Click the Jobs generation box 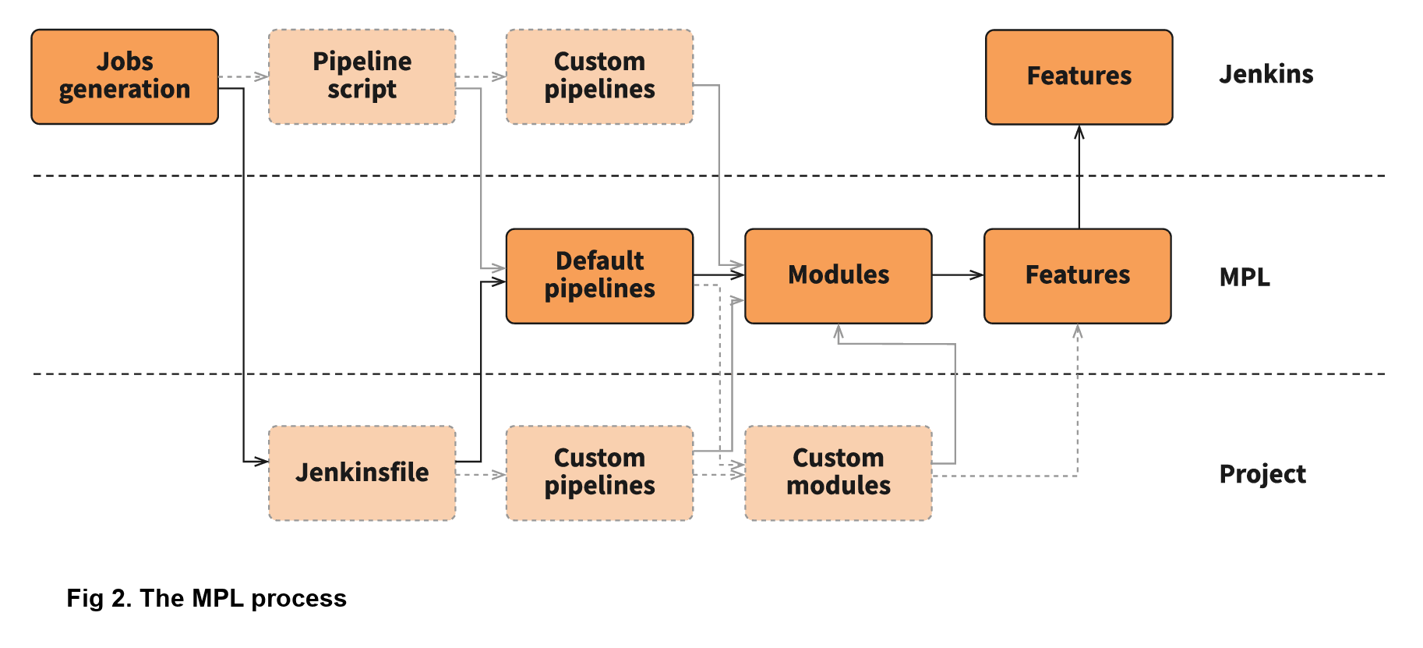(x=125, y=76)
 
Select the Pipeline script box (x=362, y=76)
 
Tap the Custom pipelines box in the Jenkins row (x=599, y=76)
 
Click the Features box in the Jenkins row (x=1079, y=76)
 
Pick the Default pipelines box (x=599, y=275)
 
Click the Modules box (x=838, y=275)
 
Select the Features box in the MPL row (x=1077, y=275)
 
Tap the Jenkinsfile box (x=362, y=473)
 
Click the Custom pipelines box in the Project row (x=599, y=473)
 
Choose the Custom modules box (x=838, y=473)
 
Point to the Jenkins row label (x=1266, y=75)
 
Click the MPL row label (x=1244, y=277)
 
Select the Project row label (x=1262, y=474)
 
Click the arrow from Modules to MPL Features (x=958, y=274)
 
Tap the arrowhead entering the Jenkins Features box (x=1079, y=133)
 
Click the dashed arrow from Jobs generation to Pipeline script (x=243, y=76)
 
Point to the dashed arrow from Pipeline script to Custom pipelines (x=481, y=76)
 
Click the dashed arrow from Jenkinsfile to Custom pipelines (x=481, y=474)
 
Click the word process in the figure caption (x=298, y=599)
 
